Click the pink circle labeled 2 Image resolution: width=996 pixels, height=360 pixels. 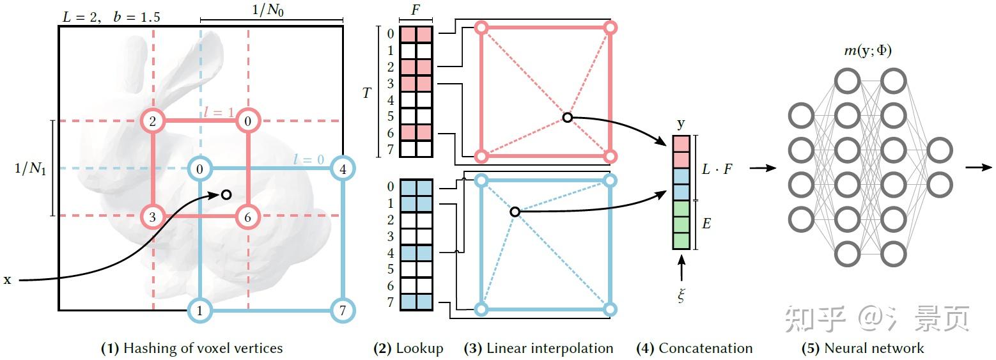coord(153,120)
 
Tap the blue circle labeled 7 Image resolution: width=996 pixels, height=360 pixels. coord(342,311)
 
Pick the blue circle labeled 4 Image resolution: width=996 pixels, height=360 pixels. coord(343,169)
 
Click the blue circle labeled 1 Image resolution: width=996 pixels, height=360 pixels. coord(200,311)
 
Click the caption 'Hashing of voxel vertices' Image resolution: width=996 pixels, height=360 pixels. coord(203,348)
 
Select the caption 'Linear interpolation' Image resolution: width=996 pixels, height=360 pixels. coord(549,348)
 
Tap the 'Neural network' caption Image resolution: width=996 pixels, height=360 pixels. coord(874,348)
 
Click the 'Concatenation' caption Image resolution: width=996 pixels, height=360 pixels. coord(705,348)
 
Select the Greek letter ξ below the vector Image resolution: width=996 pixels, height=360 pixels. coord(681,295)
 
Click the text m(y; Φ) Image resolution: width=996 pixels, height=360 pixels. coord(868,51)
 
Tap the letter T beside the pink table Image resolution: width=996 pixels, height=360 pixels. coord(366,93)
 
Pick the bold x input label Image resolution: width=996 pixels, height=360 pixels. coord(7,279)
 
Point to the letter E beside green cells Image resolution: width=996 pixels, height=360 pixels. coord(707,224)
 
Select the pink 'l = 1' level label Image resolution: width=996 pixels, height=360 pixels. coord(219,113)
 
